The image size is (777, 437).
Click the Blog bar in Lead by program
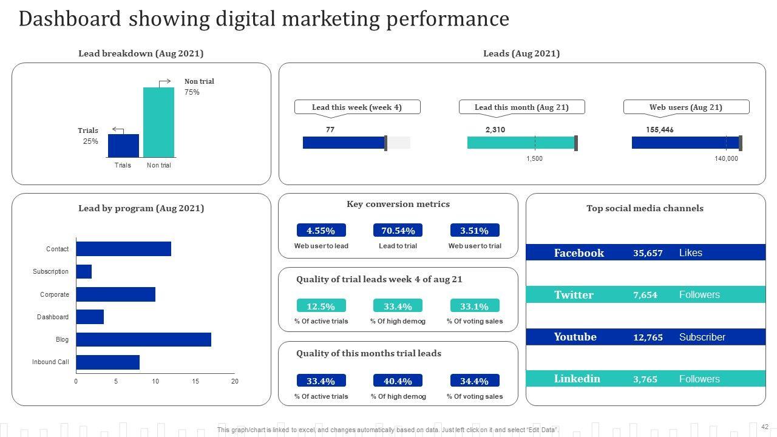143,339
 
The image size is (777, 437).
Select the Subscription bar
84,271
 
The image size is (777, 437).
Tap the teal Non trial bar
158,122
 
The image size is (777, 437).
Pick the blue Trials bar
123,146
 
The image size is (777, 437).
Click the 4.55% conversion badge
321,231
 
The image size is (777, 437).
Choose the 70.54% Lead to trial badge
398,231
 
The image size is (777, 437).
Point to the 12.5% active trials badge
321,306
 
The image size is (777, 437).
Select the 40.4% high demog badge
398,381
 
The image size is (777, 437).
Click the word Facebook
579,253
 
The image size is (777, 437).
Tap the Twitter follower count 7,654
645,295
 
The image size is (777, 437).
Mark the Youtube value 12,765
648,337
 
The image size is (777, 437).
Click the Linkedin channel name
577,379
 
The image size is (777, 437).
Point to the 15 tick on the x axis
195,382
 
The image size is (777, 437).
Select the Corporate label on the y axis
55,294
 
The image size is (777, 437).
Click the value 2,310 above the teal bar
495,130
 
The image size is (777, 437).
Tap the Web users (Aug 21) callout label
686,107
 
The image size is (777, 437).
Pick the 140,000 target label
726,159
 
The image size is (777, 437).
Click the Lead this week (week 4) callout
357,107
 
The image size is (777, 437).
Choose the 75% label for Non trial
192,92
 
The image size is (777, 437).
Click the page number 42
765,427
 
